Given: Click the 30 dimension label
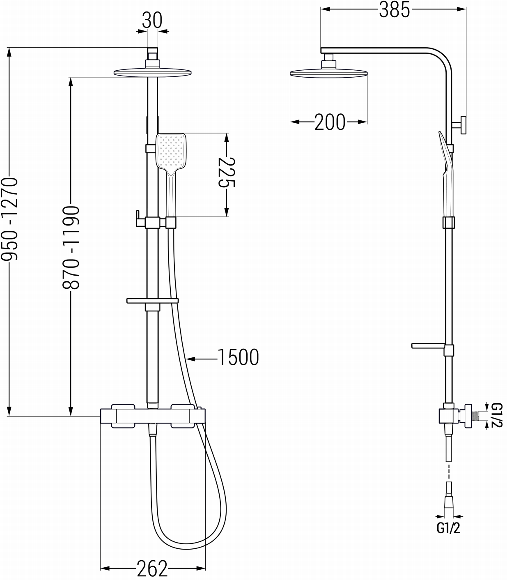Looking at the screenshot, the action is point(152,20).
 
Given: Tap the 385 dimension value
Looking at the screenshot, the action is point(394,9).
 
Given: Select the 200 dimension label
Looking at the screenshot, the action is point(330,122).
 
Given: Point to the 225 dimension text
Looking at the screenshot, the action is point(227,172).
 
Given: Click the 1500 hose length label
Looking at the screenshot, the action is point(238,357).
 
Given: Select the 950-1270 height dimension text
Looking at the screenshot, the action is point(9,219).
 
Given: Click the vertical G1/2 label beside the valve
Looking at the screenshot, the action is point(497,415).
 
